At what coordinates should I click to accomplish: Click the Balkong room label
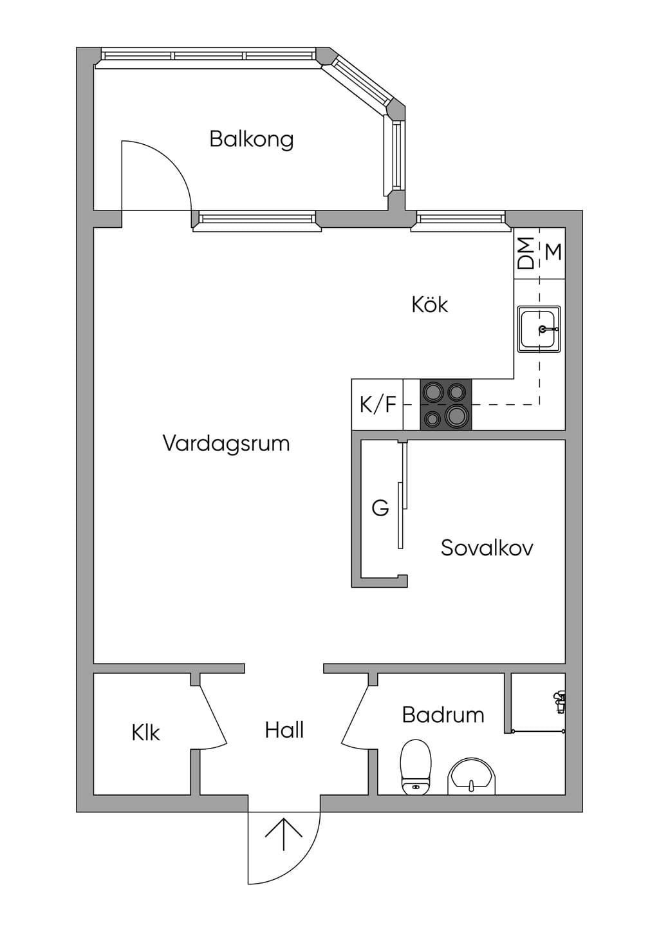[251, 140]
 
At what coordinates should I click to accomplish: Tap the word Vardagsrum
[226, 443]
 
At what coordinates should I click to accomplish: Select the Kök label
[430, 304]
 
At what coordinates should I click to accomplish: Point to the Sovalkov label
[487, 548]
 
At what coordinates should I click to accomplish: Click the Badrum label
[443, 715]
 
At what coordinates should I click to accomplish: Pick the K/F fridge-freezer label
[378, 404]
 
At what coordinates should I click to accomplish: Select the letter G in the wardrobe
[380, 508]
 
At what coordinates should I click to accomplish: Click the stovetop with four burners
[446, 404]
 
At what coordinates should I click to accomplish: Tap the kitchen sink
[539, 329]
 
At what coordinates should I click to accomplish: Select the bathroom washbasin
[472, 776]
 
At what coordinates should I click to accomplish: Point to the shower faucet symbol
[559, 702]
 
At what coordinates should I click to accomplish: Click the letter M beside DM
[553, 252]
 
